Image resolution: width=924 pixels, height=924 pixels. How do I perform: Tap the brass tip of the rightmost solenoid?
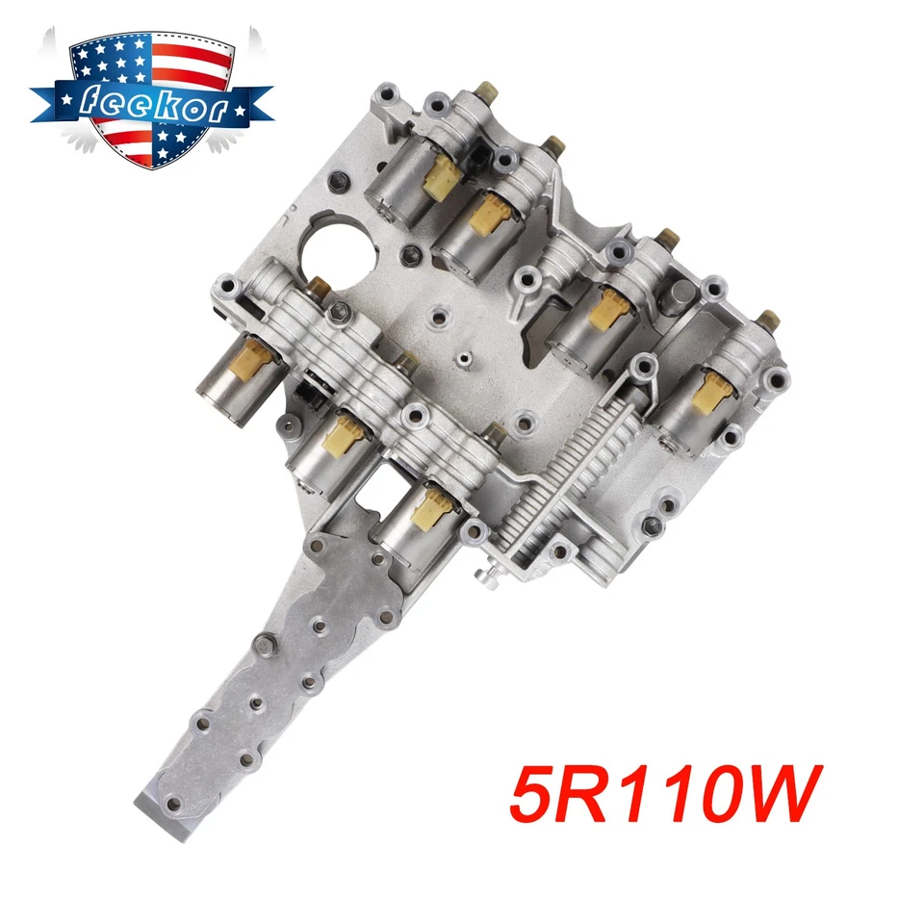[765, 319]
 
